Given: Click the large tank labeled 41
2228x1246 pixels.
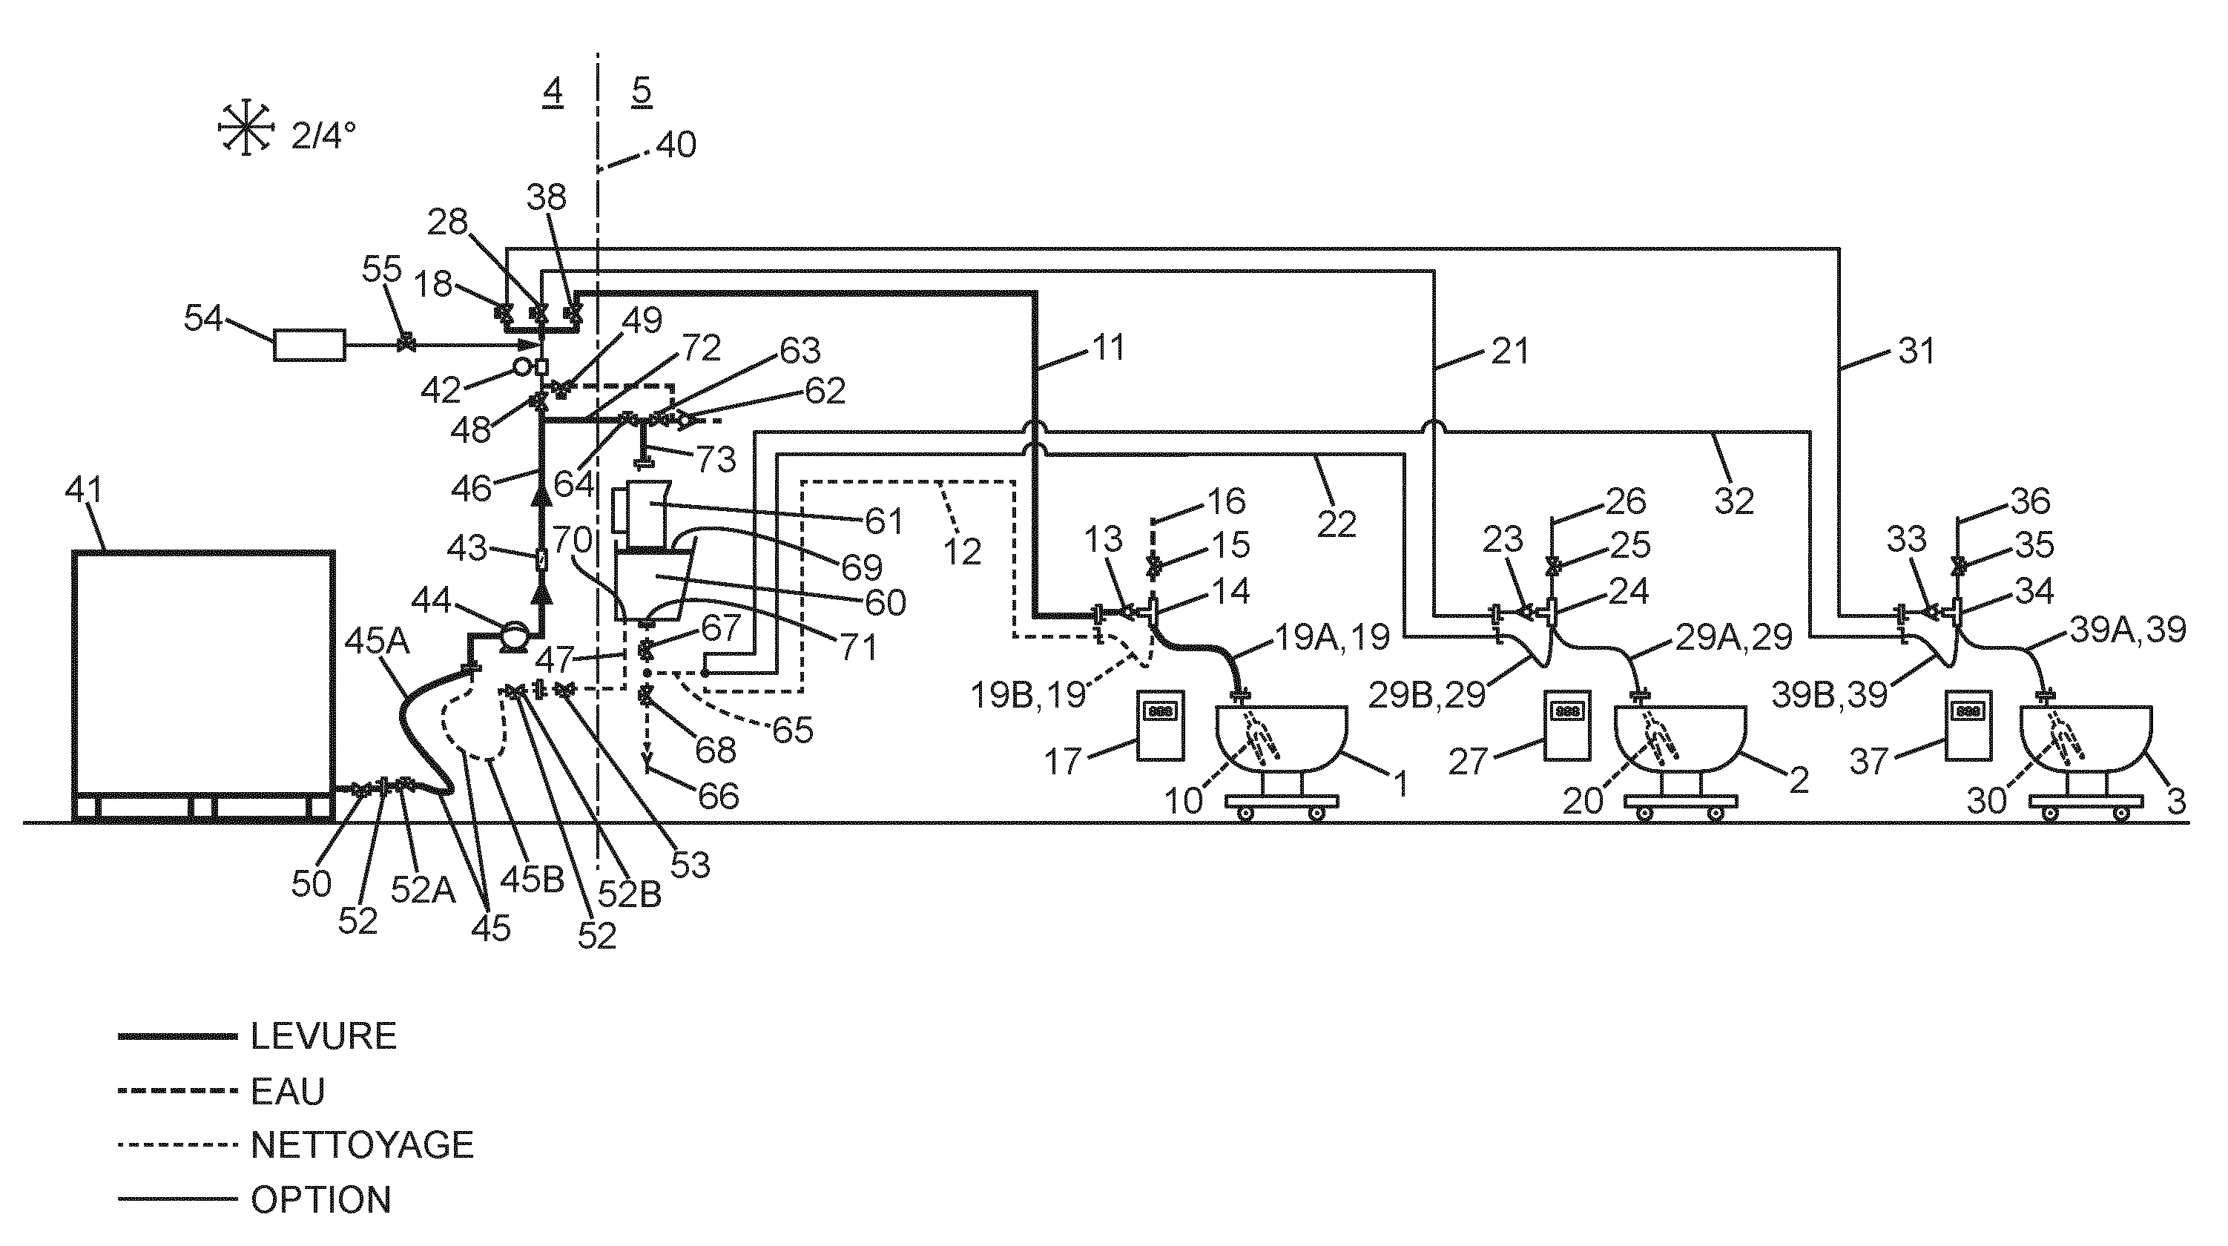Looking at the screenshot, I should click(203, 674).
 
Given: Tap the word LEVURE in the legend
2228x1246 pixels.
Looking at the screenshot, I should click(323, 1036).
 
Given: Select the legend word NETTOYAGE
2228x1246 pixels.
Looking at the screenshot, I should click(363, 1145).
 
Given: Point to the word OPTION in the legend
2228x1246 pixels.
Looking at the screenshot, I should click(321, 1200).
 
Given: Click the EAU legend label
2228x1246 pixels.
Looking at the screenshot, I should click(288, 1092).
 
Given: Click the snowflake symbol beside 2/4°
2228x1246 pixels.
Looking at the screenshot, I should click(245, 131).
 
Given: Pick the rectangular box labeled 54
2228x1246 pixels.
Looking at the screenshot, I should click(309, 345).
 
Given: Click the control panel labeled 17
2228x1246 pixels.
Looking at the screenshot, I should click(1161, 725).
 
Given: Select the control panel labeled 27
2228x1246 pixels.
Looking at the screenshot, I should click(1568, 725).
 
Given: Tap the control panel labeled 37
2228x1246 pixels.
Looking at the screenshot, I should click(1968, 725).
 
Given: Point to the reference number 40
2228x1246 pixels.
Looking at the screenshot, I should click(676, 145).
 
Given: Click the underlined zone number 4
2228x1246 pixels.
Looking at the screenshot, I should click(553, 90).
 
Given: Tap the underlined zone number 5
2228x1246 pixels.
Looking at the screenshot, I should click(641, 90).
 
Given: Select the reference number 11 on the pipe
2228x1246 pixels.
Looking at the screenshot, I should click(1108, 348).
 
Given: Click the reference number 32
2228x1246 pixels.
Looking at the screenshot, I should click(1733, 501).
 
